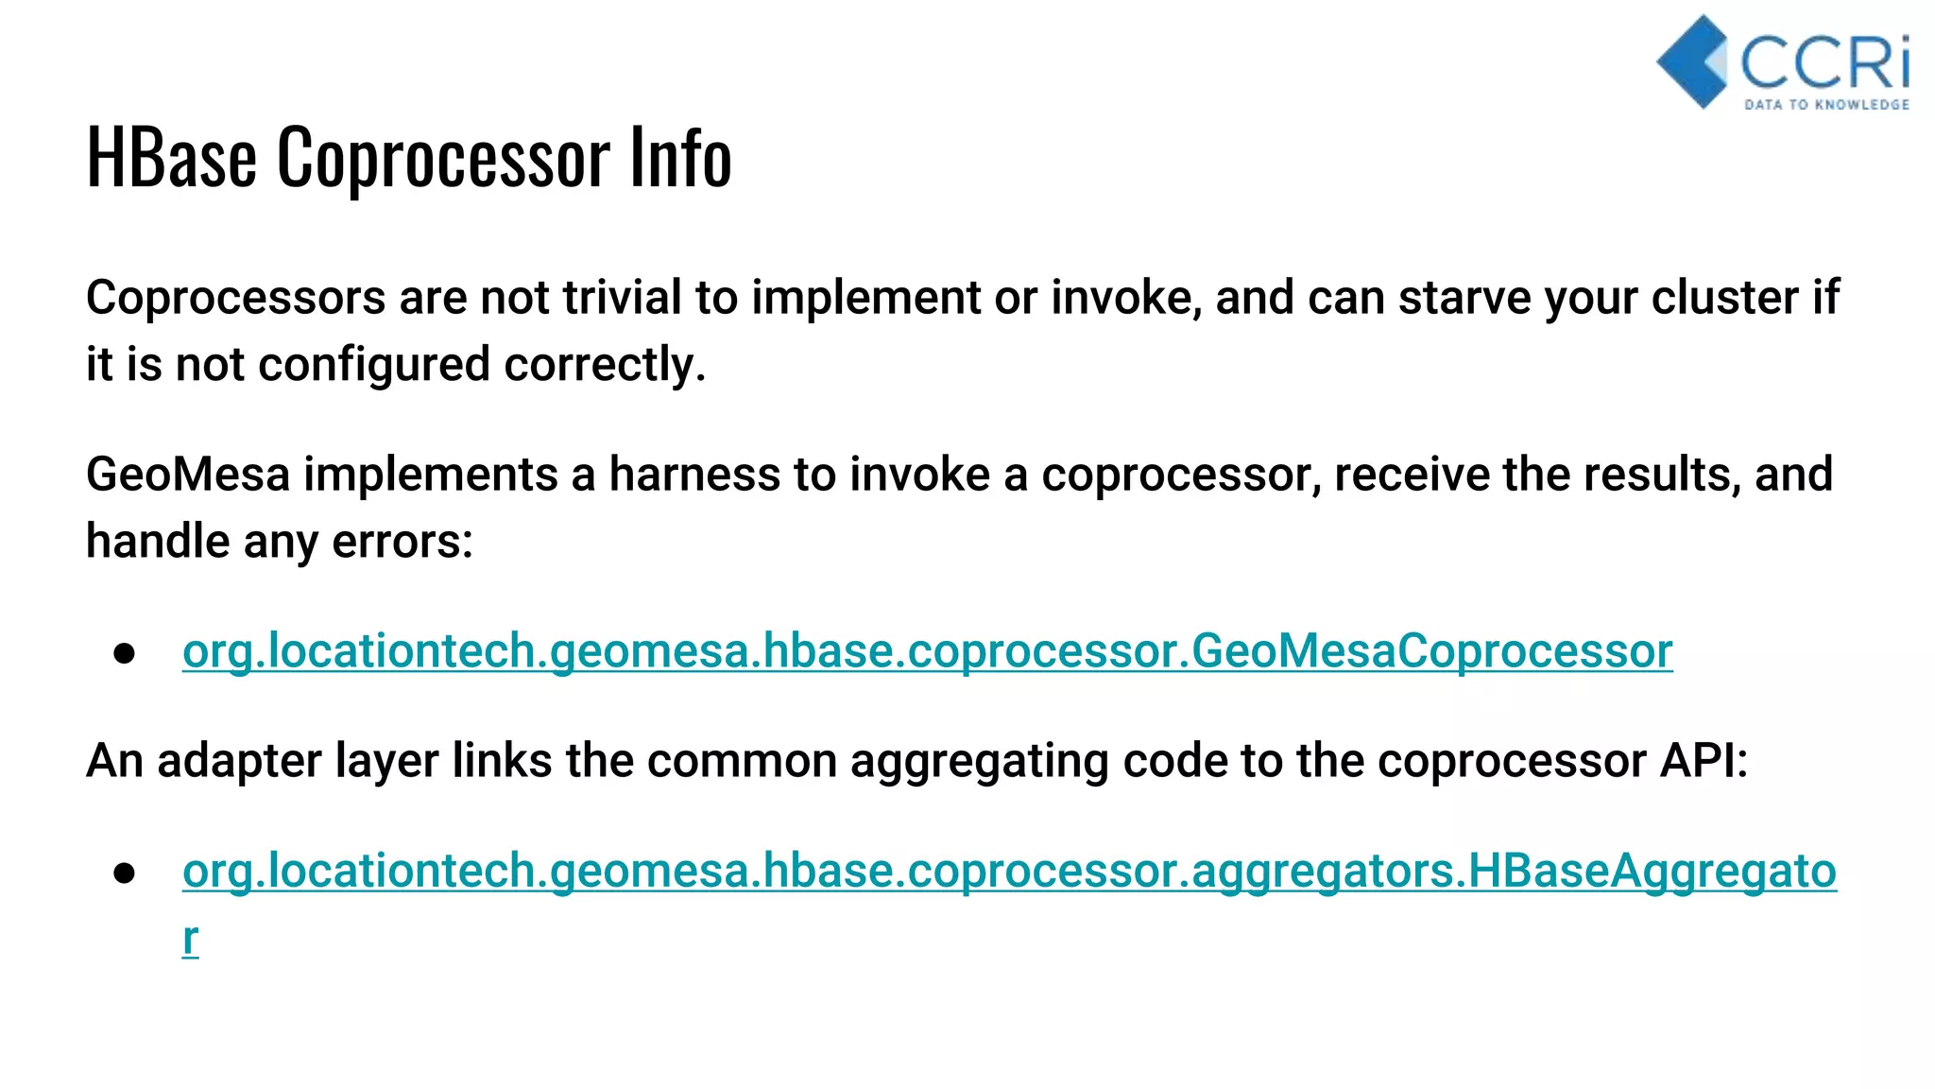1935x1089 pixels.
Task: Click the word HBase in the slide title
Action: [x=171, y=157]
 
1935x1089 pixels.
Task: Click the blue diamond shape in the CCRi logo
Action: [x=1691, y=60]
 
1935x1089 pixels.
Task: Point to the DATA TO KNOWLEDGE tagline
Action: [x=1826, y=104]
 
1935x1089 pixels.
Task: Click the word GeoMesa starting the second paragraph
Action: [x=187, y=475]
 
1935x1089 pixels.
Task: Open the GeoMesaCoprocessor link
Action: [x=927, y=651]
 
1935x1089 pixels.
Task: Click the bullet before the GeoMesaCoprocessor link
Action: [x=124, y=653]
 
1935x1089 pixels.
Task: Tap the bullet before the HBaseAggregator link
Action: [x=124, y=873]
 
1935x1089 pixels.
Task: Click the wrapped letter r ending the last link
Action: [x=190, y=939]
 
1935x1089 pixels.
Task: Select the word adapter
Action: [x=239, y=761]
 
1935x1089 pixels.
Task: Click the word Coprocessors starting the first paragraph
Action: [x=235, y=298]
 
